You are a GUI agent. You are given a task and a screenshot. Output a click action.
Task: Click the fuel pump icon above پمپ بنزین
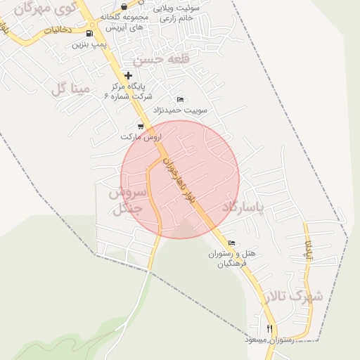click(89, 33)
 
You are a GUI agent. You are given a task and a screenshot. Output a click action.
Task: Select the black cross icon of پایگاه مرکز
click(128, 75)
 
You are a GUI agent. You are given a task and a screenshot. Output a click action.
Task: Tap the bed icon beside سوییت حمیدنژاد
click(180, 99)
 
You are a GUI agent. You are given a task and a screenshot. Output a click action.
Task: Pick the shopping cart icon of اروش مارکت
click(141, 127)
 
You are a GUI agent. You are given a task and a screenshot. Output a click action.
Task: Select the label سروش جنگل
click(127, 200)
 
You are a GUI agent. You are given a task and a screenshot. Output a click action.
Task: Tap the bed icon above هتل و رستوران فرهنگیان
click(232, 243)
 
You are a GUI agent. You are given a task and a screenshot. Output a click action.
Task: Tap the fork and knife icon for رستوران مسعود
click(269, 328)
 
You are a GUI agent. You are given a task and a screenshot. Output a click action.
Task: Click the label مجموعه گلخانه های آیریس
click(125, 20)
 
